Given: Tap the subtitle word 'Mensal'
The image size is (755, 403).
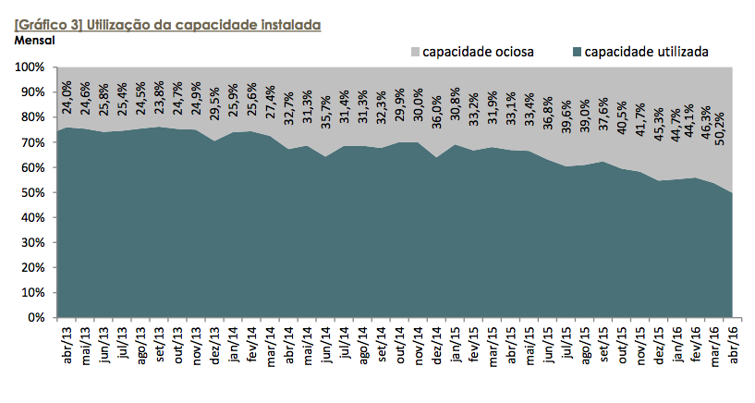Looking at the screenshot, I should point(35,40).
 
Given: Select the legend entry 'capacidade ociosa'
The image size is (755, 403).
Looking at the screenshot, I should point(477,52).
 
